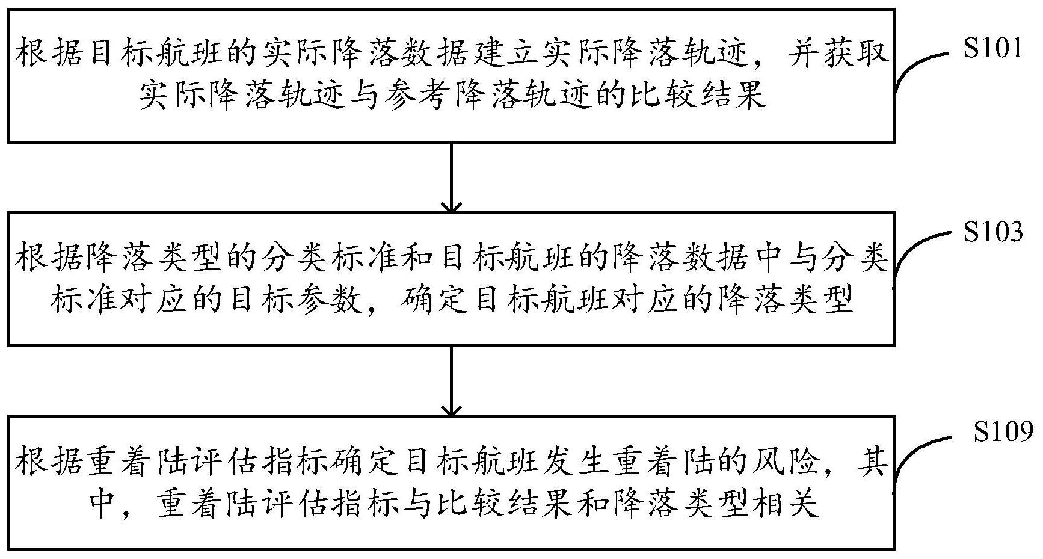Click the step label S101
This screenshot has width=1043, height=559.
click(992, 48)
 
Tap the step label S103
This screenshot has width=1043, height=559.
click(992, 232)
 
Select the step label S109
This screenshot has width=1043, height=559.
click(1003, 431)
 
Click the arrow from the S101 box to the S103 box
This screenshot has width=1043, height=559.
click(451, 177)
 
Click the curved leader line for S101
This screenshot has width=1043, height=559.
click(917, 69)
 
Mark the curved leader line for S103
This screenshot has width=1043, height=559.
click(917, 253)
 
